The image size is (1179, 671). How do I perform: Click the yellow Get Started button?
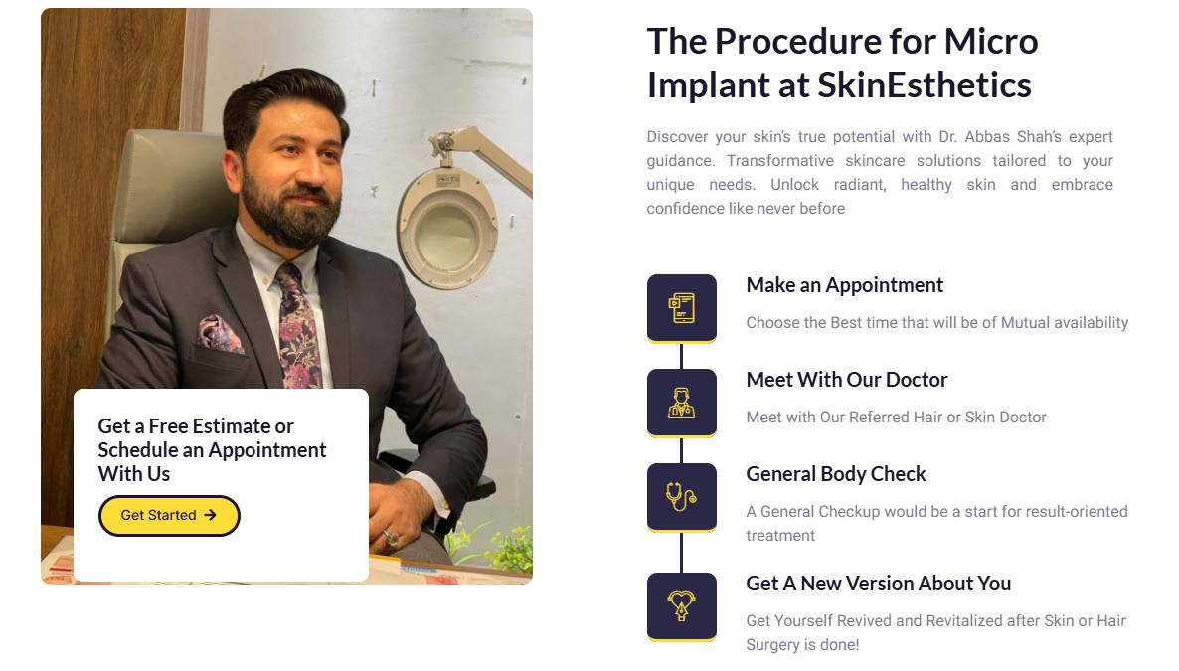[x=169, y=515]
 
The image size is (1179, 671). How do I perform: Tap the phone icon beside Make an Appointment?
[x=682, y=308]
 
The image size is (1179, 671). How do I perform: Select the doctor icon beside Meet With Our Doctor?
[x=682, y=403]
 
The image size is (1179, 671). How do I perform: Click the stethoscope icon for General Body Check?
[x=681, y=496]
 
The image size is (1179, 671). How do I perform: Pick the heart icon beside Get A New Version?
[x=682, y=605]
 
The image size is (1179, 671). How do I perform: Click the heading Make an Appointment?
[x=844, y=285]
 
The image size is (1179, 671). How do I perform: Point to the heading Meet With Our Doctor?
[x=847, y=380]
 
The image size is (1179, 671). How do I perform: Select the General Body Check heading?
[x=835, y=474]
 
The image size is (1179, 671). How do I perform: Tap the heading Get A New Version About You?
[x=878, y=584]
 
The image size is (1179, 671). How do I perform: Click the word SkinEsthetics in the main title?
[x=925, y=85]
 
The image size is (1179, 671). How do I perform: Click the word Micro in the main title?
[x=991, y=42]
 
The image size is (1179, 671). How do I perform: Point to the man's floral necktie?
[x=298, y=326]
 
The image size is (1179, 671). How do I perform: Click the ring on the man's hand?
[x=391, y=538]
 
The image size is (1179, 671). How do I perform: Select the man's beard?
[x=289, y=212]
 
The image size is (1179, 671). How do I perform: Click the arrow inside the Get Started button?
[x=211, y=515]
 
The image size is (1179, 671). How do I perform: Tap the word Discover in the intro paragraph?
[x=677, y=137]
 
